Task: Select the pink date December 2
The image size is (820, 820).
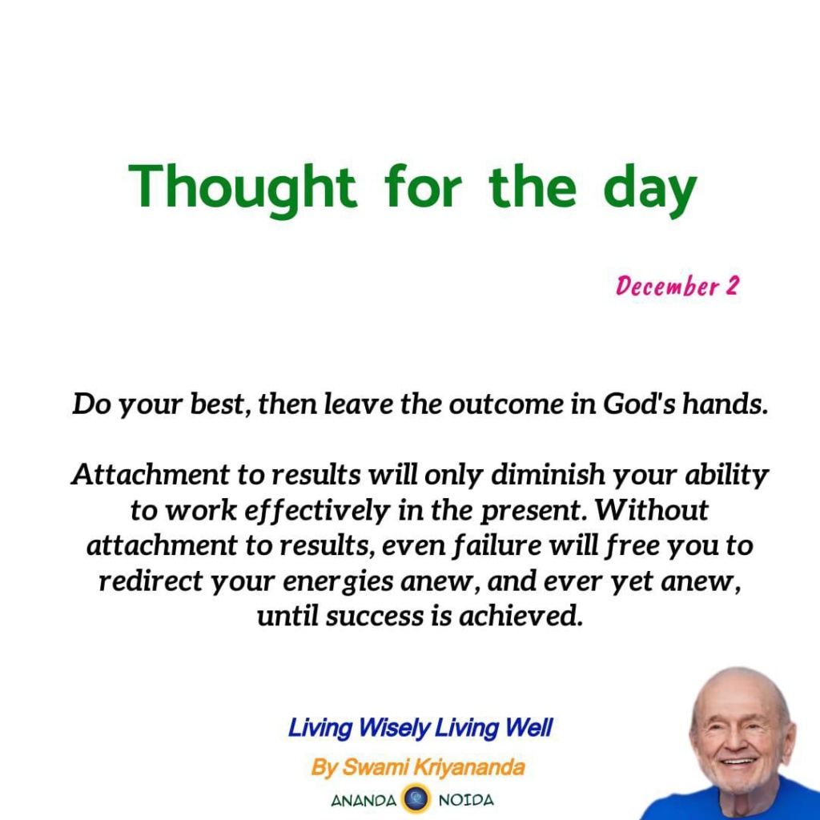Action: [677, 286]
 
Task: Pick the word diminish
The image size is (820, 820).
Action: [549, 474]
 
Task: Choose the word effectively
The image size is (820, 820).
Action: [318, 511]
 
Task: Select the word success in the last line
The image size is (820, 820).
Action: [375, 616]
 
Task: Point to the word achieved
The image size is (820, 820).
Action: [521, 616]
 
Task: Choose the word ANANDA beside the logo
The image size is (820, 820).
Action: [364, 801]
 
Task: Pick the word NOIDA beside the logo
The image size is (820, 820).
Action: [466, 801]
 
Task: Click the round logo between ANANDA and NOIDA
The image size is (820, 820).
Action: [416, 800]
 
